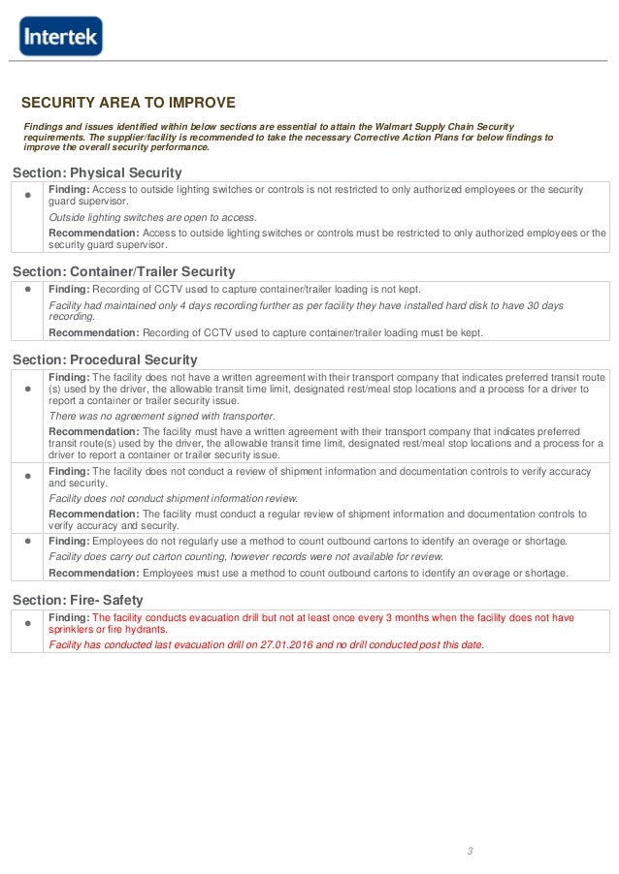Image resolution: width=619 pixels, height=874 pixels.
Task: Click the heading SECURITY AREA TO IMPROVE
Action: [128, 103]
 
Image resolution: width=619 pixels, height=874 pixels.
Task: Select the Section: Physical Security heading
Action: [97, 172]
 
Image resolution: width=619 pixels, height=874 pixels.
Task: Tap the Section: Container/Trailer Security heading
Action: [123, 272]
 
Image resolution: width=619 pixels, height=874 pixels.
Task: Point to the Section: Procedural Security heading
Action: [105, 359]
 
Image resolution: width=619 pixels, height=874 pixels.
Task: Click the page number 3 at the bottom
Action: [469, 851]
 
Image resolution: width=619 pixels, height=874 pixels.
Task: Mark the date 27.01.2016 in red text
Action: [282, 644]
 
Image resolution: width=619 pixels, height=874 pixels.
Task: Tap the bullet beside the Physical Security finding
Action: [27, 195]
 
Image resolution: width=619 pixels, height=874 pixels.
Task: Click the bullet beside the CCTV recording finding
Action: [27, 289]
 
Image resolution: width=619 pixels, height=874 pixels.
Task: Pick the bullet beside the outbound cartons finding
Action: [27, 541]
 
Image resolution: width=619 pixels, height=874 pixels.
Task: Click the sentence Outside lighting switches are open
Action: [152, 217]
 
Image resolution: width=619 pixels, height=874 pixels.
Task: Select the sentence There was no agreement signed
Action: [162, 416]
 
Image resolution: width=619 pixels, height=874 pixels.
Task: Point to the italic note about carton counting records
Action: [245, 557]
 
